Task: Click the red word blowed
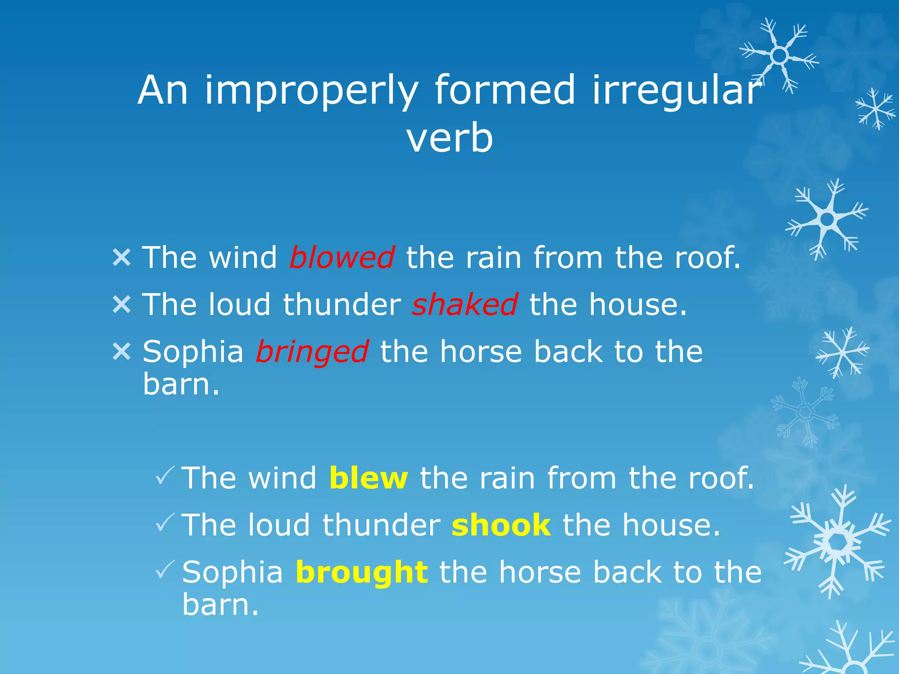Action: tap(342, 258)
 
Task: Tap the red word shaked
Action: tap(465, 305)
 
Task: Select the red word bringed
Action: tap(312, 352)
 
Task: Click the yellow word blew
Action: tap(368, 478)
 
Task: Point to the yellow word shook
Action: tap(501, 525)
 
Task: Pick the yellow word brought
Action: tap(362, 573)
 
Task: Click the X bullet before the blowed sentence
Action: tap(122, 258)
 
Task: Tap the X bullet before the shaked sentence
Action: tap(122, 305)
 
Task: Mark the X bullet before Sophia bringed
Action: tap(122, 351)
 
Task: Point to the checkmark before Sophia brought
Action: tap(165, 570)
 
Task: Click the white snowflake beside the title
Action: tap(779, 56)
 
